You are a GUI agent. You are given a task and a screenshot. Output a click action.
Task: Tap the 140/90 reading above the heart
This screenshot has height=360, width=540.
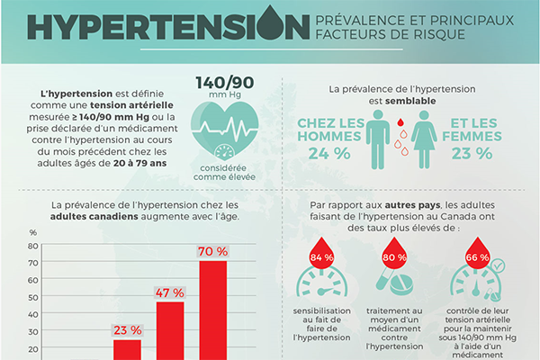[224, 83]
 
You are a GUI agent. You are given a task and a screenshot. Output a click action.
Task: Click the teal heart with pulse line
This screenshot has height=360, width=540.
[224, 123]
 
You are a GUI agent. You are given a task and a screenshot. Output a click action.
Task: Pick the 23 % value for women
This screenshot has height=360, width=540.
[472, 152]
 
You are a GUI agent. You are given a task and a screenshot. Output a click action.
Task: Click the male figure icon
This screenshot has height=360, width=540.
[379, 138]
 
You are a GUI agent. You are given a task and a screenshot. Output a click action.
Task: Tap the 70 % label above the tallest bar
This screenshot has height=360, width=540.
[213, 250]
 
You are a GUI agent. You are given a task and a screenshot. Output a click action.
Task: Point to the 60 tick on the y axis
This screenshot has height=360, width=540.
[33, 269]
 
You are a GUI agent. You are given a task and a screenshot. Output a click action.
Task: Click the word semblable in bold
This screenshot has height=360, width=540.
[412, 101]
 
